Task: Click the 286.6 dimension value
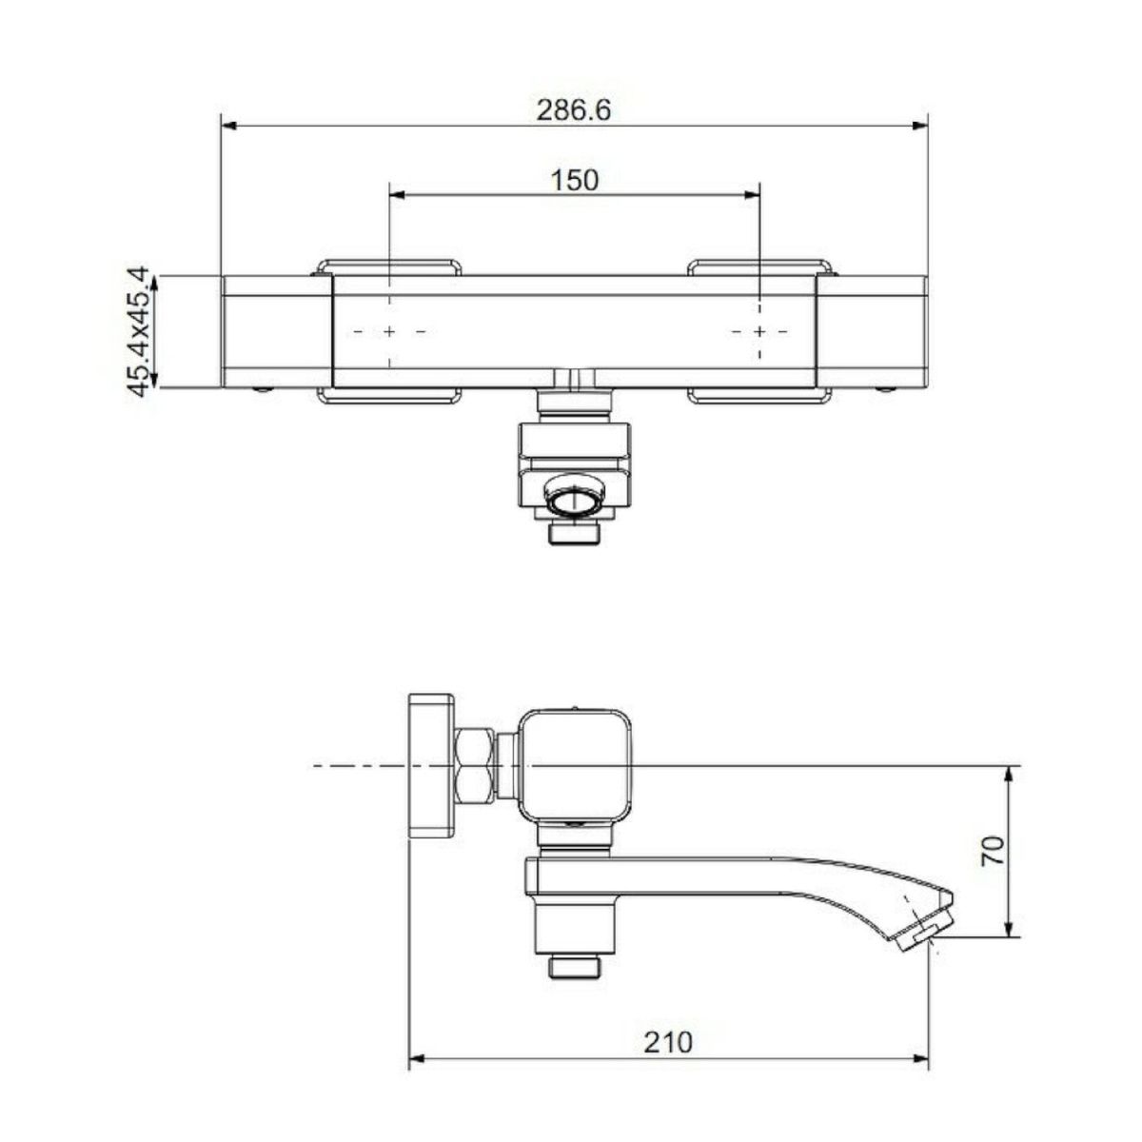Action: point(573,110)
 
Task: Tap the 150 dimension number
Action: point(574,180)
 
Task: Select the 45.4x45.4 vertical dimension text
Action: point(138,331)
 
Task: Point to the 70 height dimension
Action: point(992,851)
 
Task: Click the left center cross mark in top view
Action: point(389,331)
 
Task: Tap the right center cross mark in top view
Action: point(759,331)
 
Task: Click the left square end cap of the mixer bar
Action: point(277,332)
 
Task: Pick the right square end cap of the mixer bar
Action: point(872,332)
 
